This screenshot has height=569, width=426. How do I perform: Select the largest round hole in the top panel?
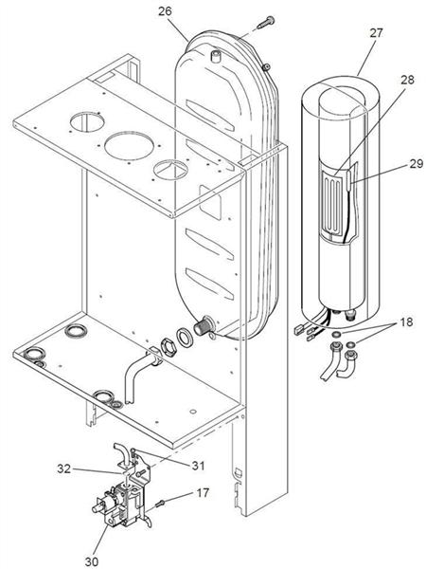129,145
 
